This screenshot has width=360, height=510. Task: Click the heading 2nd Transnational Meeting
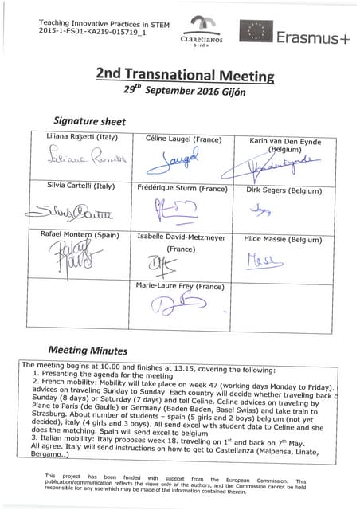[185, 74]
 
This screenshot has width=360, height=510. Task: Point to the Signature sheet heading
[89, 122]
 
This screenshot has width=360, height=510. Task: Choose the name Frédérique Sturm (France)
[182, 188]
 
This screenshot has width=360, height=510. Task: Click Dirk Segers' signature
[261, 210]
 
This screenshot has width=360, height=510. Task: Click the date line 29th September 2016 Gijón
[185, 90]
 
